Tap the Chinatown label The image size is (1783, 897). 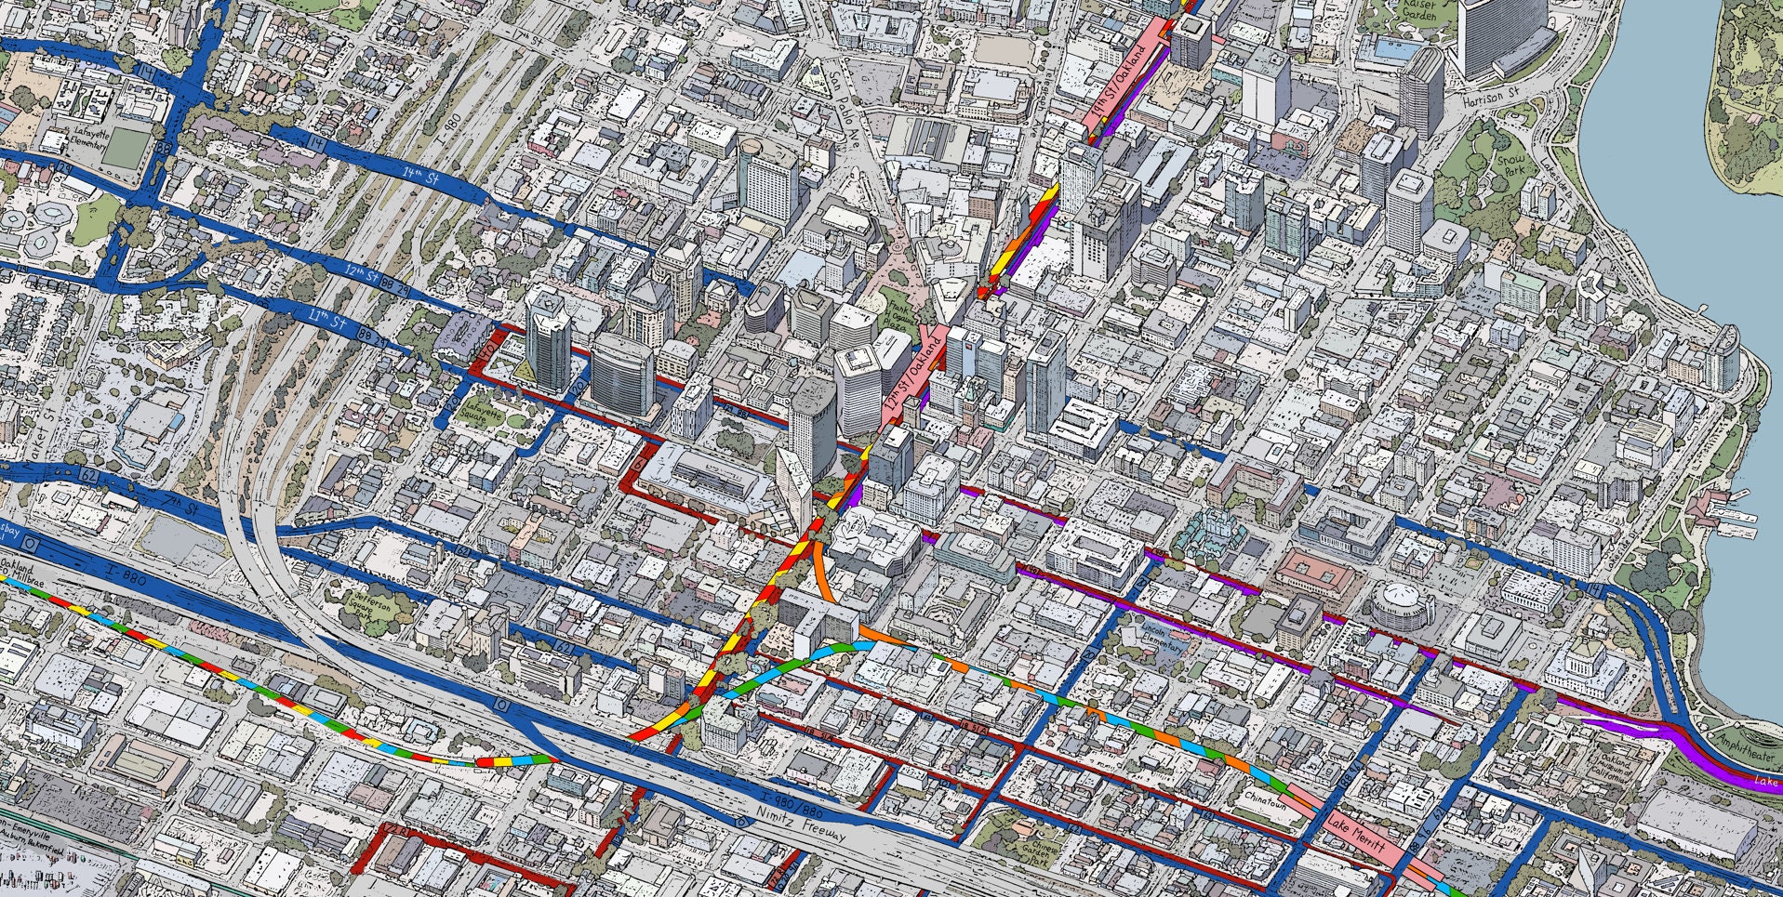click(1268, 800)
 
